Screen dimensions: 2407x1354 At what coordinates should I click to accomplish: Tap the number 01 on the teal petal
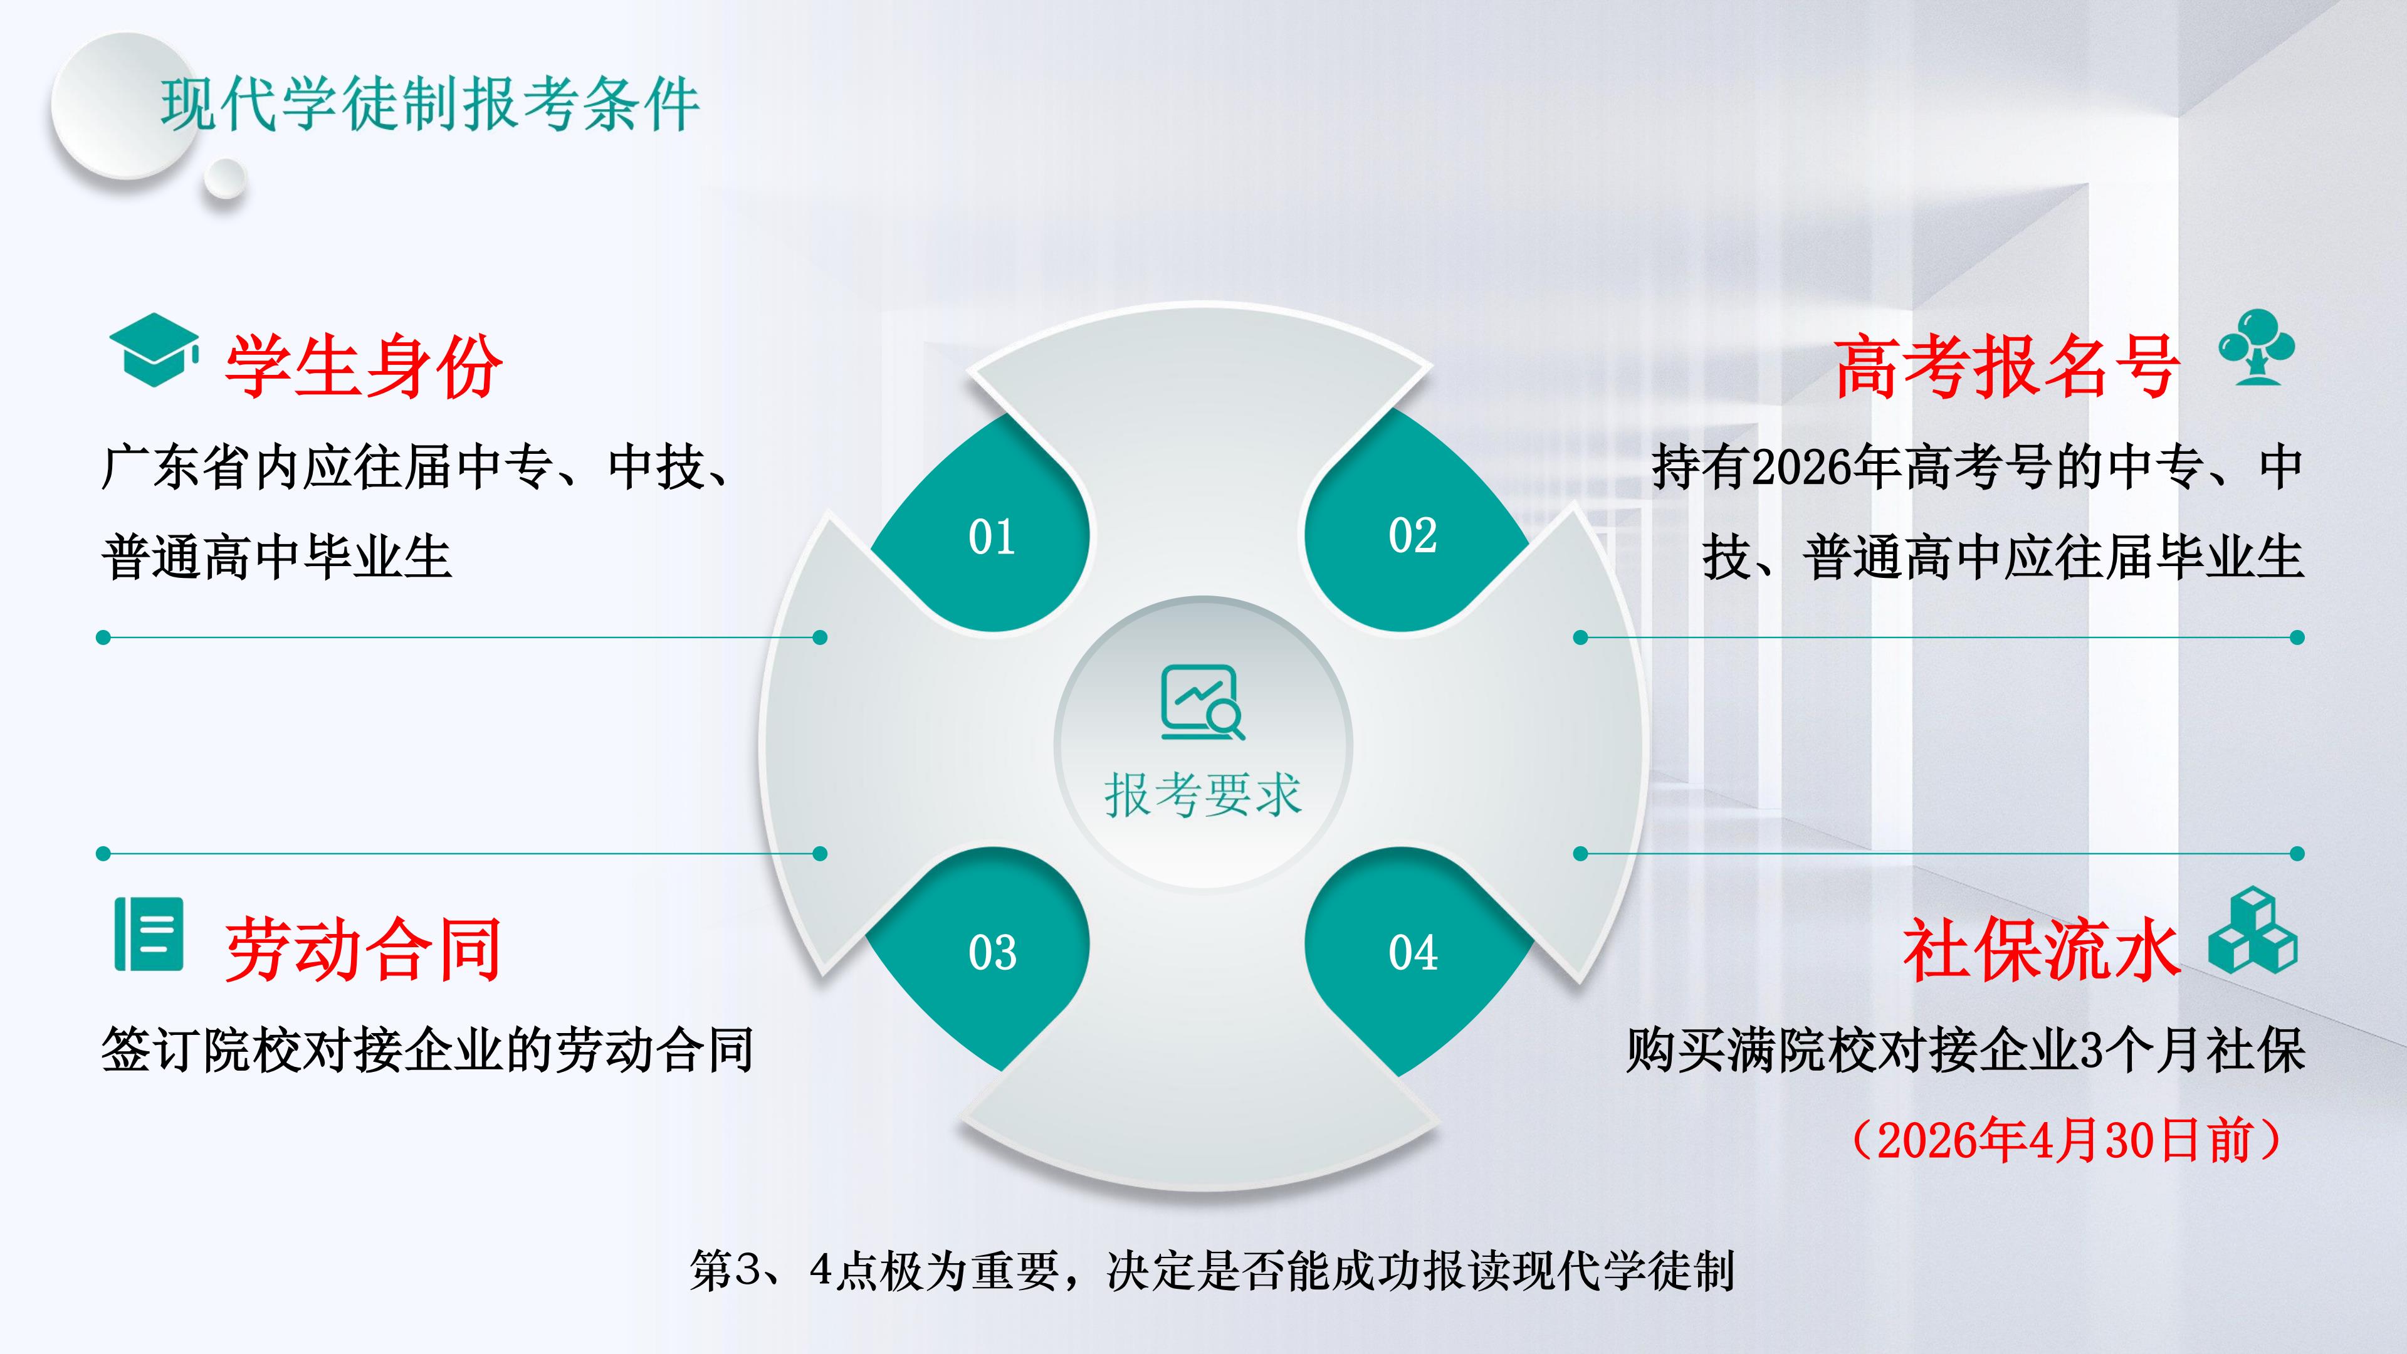click(992, 537)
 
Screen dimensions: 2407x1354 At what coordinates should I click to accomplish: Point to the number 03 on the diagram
click(992, 953)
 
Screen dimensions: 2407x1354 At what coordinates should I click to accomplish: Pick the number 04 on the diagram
click(1413, 953)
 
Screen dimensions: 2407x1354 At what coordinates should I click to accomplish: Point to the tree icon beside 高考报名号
click(2257, 347)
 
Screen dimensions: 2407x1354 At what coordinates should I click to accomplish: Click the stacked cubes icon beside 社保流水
click(2253, 931)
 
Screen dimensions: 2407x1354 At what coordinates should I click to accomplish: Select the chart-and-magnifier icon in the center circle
click(1203, 703)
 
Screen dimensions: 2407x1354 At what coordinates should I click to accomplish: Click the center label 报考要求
click(1203, 795)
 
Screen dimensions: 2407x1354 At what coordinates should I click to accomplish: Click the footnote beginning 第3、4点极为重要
click(1212, 1271)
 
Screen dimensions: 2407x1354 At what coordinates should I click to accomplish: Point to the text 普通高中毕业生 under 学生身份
click(276, 557)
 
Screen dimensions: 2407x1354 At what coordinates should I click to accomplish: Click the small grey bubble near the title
click(225, 179)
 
